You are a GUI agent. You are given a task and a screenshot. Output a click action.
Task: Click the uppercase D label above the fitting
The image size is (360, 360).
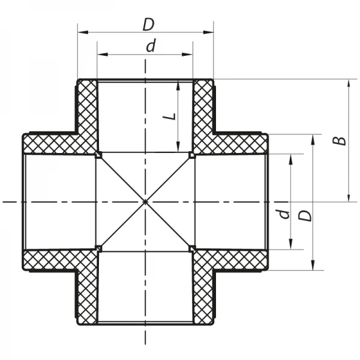148,24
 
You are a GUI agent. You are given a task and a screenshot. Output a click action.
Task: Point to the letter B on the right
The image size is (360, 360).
340,140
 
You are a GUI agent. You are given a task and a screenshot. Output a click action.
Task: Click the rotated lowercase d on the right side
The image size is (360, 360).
284,213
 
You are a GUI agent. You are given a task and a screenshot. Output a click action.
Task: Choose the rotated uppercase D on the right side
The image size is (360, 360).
306,215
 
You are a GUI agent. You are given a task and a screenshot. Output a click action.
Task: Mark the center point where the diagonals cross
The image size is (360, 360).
145,202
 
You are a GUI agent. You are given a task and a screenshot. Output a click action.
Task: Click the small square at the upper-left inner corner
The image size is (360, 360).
98,155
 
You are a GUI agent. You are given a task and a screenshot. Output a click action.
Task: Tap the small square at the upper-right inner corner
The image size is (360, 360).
192,155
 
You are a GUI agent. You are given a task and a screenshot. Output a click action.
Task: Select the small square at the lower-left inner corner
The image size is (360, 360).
98,248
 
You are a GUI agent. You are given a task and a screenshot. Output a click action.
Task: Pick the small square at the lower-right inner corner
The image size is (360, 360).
192,248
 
